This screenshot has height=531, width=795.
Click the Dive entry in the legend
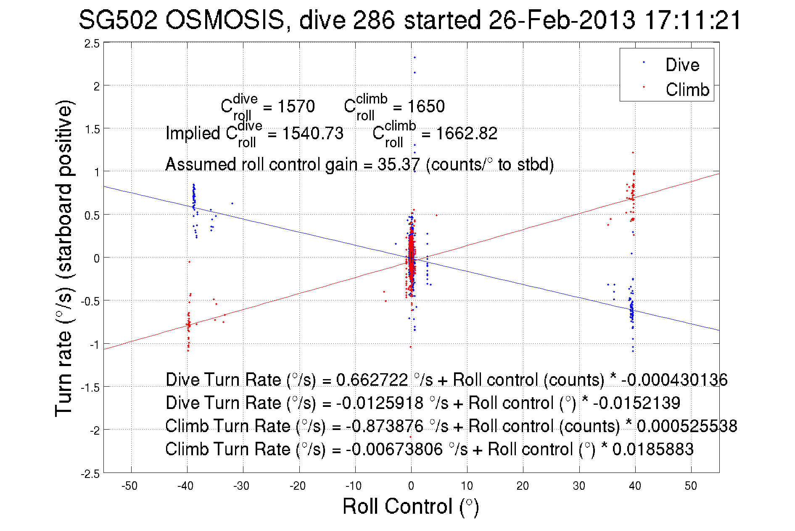[682, 65]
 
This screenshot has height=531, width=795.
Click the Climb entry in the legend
[687, 90]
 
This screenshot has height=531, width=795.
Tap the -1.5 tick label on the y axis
[90, 388]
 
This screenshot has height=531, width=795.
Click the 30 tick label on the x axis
[579, 486]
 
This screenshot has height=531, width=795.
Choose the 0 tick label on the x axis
[411, 486]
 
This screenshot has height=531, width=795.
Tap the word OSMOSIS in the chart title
[225, 20]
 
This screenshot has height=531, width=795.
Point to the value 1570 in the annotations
[296, 106]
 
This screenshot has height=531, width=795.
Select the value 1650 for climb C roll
[426, 106]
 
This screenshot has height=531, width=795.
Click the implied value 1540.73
[313, 133]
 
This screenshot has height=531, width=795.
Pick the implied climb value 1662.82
[467, 133]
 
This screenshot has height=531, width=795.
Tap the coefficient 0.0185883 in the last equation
[652, 449]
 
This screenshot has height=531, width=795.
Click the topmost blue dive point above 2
[415, 57]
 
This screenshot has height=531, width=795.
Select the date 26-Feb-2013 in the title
[562, 20]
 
